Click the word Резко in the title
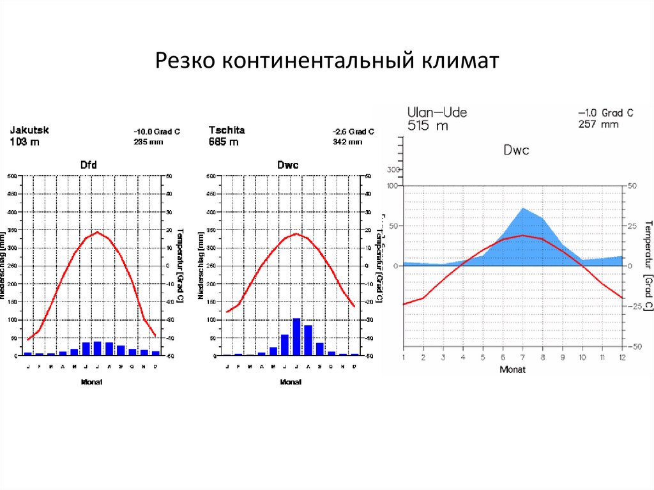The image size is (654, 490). pyautogui.click(x=186, y=62)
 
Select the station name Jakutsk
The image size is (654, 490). pyautogui.click(x=29, y=130)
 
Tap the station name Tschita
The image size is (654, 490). pyautogui.click(x=227, y=130)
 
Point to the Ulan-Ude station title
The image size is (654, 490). pyautogui.click(x=437, y=113)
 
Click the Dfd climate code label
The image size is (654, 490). pyautogui.click(x=89, y=165)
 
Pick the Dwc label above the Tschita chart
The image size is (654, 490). pyautogui.click(x=287, y=165)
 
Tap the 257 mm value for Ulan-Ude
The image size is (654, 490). pyautogui.click(x=598, y=124)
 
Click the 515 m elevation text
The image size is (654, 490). pyautogui.click(x=428, y=126)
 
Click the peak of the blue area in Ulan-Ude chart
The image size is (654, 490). pyautogui.click(x=522, y=209)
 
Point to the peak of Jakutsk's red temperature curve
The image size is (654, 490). pyautogui.click(x=97, y=232)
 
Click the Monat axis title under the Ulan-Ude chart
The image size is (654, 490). pyautogui.click(x=512, y=369)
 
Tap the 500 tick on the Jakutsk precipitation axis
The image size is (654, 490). pyautogui.click(x=12, y=176)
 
